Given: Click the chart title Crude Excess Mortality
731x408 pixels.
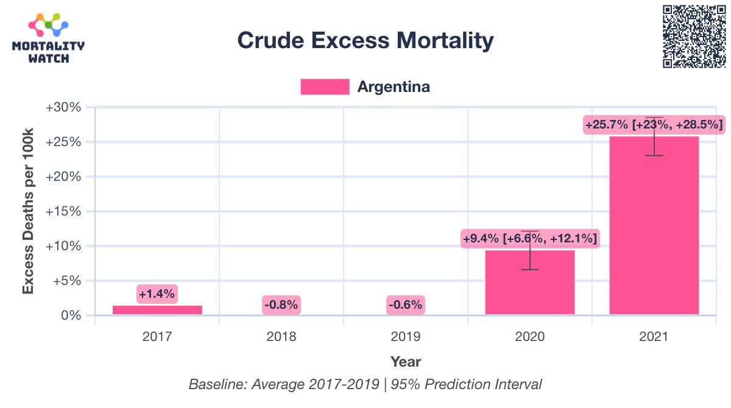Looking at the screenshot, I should pos(365,41).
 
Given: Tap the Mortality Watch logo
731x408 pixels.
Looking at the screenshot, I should pos(49,40).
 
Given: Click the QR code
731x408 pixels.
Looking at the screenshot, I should pos(694,37).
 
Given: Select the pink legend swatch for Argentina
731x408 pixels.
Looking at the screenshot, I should pos(325,87).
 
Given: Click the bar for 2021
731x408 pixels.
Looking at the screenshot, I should pos(654,225).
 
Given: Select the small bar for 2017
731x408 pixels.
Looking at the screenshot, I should pos(157,310).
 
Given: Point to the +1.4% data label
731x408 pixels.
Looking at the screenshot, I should pos(157,294).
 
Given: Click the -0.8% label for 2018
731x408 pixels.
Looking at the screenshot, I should pos(281,304).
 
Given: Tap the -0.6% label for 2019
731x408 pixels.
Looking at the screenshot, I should pos(406,304).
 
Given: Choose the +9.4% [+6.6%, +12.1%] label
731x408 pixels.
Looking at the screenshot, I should pos(530,238).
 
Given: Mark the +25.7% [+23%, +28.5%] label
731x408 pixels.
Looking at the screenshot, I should pos(654,125).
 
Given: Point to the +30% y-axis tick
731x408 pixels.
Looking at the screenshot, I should pos(64,108).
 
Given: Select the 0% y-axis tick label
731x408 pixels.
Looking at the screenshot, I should pos(71,315).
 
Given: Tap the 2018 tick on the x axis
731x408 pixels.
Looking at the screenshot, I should pos(281,336).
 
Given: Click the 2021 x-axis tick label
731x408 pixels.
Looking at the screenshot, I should pos(654,336).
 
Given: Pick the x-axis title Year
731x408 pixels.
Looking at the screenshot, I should pos(406,362).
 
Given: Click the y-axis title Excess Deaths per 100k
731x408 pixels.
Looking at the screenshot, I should pos(28,211).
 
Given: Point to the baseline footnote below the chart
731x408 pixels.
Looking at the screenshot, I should pos(365,385).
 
